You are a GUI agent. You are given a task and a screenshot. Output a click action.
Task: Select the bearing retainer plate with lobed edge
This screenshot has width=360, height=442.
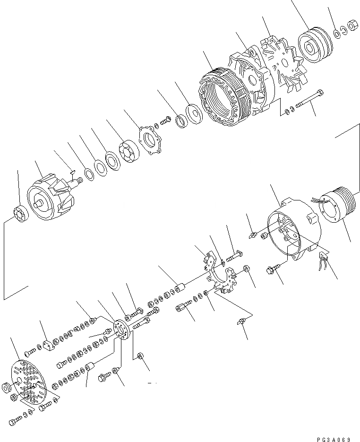tap(150, 141)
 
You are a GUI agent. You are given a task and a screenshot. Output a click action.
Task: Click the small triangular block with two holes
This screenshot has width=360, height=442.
tap(48, 347)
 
